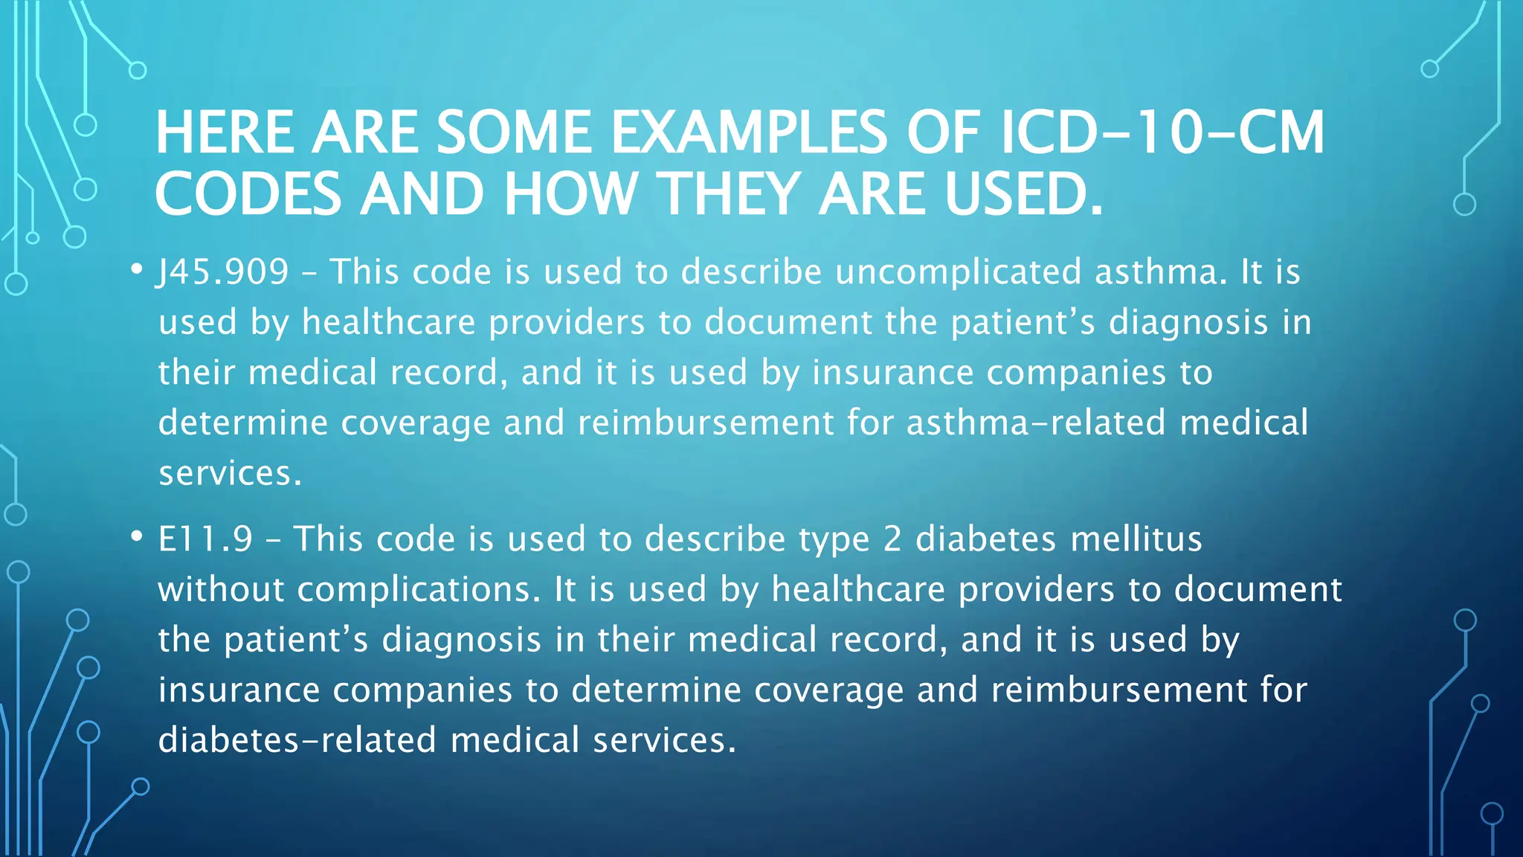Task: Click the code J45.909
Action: [x=222, y=272]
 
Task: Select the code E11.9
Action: [x=206, y=539]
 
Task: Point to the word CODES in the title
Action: [x=247, y=194]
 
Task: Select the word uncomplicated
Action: [x=958, y=272]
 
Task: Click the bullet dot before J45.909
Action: [x=135, y=269]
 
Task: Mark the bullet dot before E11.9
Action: [x=135, y=536]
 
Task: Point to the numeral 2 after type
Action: [x=892, y=539]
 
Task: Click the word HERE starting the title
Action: [x=225, y=133]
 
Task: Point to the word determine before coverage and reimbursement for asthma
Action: [x=243, y=423]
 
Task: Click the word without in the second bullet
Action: [x=222, y=590]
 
